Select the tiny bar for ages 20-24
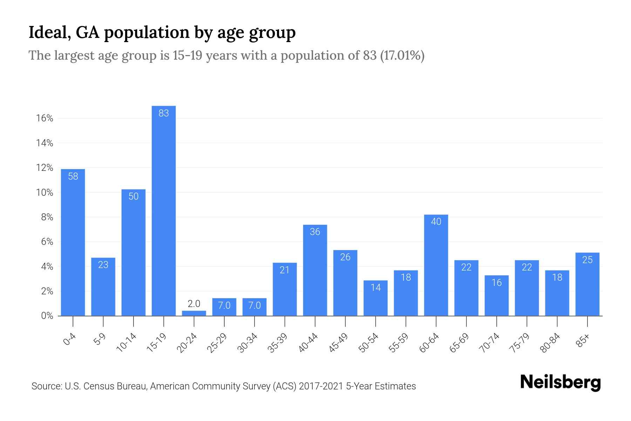(x=194, y=313)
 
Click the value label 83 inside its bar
(x=164, y=113)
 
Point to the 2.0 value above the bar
(x=194, y=303)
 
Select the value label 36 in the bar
(x=315, y=232)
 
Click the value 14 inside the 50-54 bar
(x=375, y=288)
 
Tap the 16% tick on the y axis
(x=45, y=118)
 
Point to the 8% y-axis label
(x=47, y=217)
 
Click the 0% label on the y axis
(x=47, y=316)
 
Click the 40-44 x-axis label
(x=308, y=343)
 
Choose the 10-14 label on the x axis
(x=127, y=343)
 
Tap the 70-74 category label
(x=490, y=343)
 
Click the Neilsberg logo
(x=560, y=382)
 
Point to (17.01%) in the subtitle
(x=402, y=55)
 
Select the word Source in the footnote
(x=46, y=386)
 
